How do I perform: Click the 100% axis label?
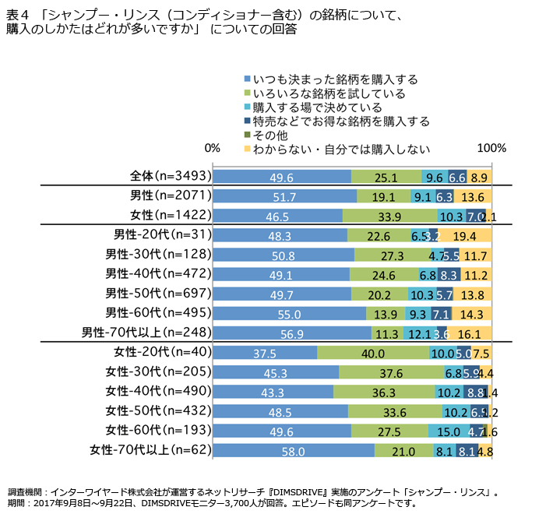point(491,148)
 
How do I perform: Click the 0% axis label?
point(212,148)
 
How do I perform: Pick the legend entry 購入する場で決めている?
point(317,107)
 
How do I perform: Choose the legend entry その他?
point(271,136)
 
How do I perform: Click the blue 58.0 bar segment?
point(293,449)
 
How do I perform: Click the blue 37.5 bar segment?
point(265,352)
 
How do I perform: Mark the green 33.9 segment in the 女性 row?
point(389,216)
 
